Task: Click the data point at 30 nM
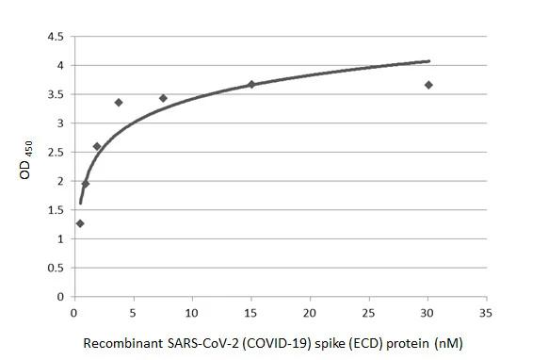pos(428,85)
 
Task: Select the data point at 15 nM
pos(251,84)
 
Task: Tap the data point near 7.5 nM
pos(163,98)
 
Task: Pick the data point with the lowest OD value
pos(80,223)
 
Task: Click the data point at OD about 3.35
pos(119,102)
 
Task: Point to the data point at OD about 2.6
pos(97,146)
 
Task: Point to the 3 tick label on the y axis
pos(61,123)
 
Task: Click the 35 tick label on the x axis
pos(486,313)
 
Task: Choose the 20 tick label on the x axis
pos(310,313)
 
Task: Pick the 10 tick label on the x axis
pos(192,313)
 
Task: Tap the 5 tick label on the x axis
pos(133,313)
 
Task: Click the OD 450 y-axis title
pos(31,166)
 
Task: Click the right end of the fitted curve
pos(429,61)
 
